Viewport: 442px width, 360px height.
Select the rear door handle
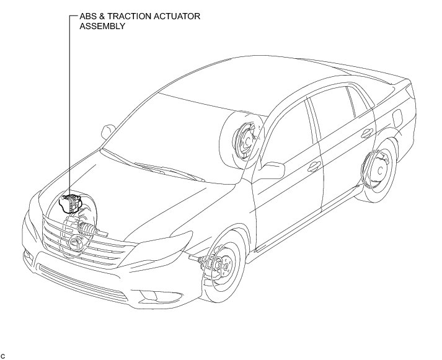368,133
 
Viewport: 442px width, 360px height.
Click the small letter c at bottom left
4,355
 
